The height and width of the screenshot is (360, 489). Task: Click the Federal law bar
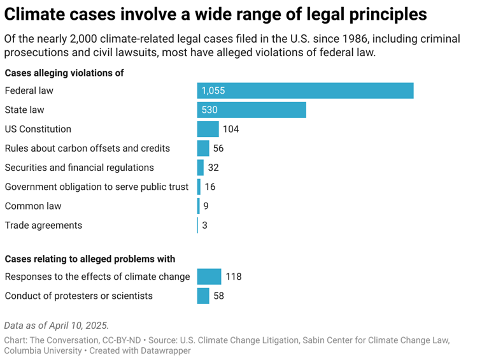[305, 90]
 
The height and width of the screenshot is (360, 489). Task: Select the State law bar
[252, 110]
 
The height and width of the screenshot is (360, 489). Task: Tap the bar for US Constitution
[208, 129]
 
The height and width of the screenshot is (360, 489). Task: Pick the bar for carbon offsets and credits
[203, 148]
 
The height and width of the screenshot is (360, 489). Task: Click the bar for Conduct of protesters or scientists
[203, 296]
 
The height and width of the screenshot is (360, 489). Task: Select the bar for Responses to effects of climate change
[209, 277]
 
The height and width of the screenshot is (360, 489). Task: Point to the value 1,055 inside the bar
[213, 91]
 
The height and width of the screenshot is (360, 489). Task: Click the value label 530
[209, 110]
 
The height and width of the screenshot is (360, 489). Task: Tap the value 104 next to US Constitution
[230, 129]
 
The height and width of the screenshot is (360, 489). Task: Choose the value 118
[233, 277]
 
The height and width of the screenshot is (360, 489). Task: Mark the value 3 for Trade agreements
[205, 226]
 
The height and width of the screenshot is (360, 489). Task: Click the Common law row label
[33, 206]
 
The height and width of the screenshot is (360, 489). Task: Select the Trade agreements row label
[43, 225]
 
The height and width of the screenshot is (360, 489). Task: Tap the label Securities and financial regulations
[79, 168]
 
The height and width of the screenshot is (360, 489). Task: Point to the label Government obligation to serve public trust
[97, 187]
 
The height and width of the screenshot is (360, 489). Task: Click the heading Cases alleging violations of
[64, 73]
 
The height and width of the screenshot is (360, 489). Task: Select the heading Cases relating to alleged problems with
[90, 259]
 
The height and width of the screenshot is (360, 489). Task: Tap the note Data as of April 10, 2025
[56, 325]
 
